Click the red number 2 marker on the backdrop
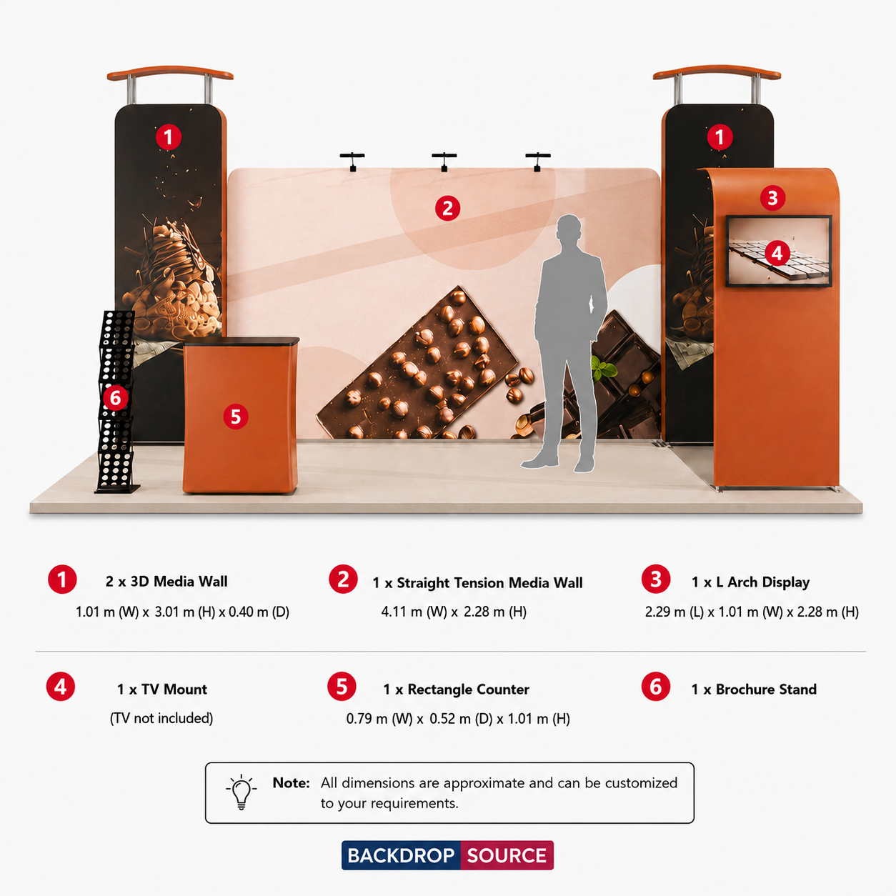click(x=447, y=209)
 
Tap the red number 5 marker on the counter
click(x=235, y=417)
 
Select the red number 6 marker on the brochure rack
click(x=115, y=398)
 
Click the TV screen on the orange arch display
click(x=779, y=251)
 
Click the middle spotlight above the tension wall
click(x=444, y=161)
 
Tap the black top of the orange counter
click(x=241, y=341)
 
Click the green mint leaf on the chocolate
click(x=604, y=369)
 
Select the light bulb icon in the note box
click(x=242, y=792)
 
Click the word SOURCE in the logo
click(x=507, y=855)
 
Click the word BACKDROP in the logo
click(x=401, y=855)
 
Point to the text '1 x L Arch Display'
click(x=750, y=582)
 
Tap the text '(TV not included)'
click(x=161, y=718)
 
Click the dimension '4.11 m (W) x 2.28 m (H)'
click(x=454, y=612)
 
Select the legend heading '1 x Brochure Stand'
click(x=754, y=689)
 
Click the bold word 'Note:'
click(x=291, y=783)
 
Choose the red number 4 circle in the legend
click(x=61, y=687)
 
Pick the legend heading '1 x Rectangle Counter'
click(x=456, y=689)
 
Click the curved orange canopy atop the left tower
click(x=170, y=73)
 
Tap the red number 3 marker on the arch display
click(x=773, y=198)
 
